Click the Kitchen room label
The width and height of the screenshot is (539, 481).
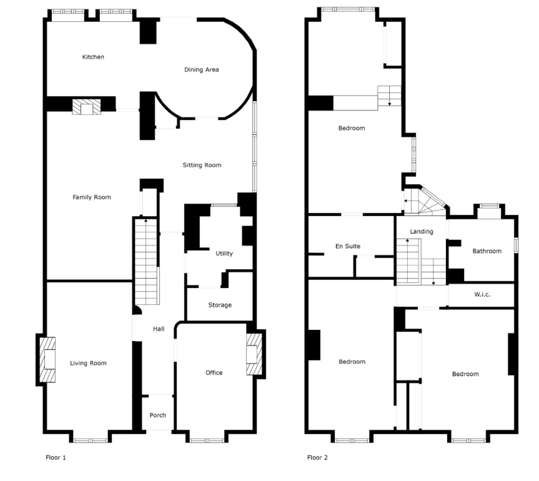[93, 57]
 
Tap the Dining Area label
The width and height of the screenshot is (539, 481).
[202, 69]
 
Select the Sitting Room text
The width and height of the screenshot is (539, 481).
[202, 165]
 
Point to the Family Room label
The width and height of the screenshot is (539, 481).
[91, 197]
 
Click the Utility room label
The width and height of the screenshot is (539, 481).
[224, 254]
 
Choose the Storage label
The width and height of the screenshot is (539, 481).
[220, 305]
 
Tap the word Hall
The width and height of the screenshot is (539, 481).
[159, 329]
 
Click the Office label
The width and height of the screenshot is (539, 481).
[214, 373]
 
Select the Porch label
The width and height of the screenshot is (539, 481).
[158, 415]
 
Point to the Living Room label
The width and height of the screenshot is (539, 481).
[88, 363]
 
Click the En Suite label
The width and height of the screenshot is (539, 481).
[348, 246]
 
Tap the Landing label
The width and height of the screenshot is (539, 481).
[422, 231]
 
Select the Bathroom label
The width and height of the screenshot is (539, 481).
[487, 251]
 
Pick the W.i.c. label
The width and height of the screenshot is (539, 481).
[482, 294]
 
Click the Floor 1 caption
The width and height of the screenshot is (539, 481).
[56, 458]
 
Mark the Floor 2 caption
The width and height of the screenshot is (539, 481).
[317, 458]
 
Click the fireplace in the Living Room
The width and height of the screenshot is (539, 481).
[47, 360]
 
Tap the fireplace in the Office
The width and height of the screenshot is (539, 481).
[254, 354]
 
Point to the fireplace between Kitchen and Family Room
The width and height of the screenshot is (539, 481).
[86, 107]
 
